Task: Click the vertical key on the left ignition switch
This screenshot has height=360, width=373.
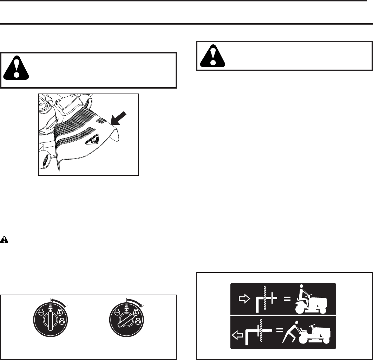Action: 51,320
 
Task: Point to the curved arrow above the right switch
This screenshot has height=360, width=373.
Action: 135,301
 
